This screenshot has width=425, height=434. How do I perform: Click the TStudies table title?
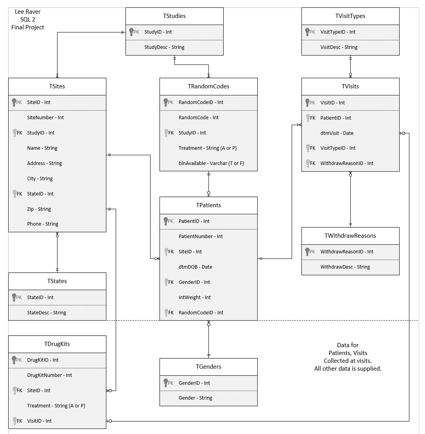174,16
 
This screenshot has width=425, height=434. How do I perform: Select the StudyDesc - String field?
164,47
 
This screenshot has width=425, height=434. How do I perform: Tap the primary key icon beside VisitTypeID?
308,32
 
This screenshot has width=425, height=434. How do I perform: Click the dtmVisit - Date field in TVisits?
337,133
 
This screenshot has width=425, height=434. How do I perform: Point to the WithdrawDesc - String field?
345,267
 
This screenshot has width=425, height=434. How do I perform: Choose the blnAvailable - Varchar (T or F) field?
211,163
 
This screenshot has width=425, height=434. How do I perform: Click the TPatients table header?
208,205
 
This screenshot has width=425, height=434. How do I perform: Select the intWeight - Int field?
194,298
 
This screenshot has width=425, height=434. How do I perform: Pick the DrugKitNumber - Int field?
49,375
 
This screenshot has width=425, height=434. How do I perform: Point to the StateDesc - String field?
47,313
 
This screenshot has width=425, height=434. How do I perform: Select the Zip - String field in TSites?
39,209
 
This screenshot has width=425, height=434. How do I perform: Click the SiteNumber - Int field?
45,118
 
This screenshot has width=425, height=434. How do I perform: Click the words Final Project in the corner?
28,27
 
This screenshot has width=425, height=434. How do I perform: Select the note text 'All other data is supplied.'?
348,368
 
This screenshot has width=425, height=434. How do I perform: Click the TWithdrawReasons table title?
350,236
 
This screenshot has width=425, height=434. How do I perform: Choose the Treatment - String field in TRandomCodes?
207,148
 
